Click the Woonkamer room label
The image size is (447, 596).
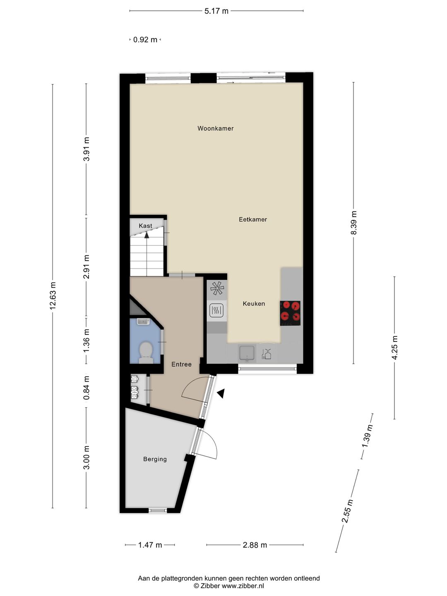tap(215, 128)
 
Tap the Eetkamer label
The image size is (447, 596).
tap(252, 219)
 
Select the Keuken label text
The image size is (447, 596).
tap(254, 303)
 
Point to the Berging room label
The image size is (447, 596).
tap(155, 459)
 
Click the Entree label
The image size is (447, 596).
tap(181, 364)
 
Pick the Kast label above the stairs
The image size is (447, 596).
tap(145, 226)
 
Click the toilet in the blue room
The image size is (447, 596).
tap(145, 351)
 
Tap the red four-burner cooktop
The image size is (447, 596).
tap(290, 312)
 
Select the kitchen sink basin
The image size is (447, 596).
tap(247, 353)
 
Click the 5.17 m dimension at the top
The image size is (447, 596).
tap(216, 11)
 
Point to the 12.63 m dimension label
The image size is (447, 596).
tap(53, 296)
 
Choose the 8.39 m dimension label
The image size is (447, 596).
tap(353, 223)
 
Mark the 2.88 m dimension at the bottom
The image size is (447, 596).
tap(255, 545)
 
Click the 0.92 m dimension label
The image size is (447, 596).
tap(145, 40)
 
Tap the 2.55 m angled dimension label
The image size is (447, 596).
tap(347, 511)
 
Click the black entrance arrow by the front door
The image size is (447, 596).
tap(221, 393)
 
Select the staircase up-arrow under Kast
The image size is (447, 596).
tap(147, 235)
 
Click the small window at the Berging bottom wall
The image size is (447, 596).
tap(158, 510)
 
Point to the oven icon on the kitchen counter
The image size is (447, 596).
tap(216, 310)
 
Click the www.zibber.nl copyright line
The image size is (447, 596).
tap(228, 586)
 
